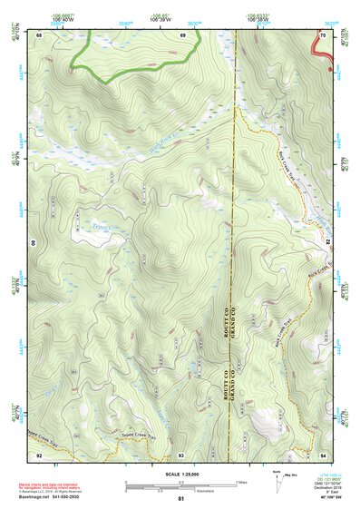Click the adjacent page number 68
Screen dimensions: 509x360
pos(39,34)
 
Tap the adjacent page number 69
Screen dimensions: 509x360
pos(182,34)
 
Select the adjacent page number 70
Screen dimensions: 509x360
pos(323,34)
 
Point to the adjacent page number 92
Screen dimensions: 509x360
pos(39,454)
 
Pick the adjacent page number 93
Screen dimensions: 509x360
pos(181,454)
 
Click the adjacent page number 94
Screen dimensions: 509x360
pos(323,454)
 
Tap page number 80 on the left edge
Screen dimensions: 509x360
pos(35,243)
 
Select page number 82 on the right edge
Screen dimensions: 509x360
pos(327,243)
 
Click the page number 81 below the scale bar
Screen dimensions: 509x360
pos(181,499)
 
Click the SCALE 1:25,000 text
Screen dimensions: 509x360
pos(180,475)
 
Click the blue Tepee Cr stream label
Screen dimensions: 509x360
pos(104,217)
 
